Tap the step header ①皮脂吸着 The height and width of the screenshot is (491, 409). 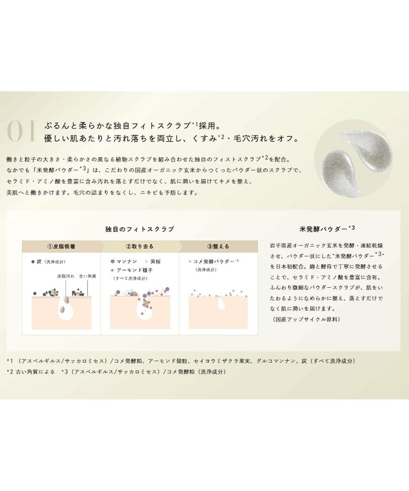click(61, 246)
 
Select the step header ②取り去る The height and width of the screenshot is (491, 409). click(140, 246)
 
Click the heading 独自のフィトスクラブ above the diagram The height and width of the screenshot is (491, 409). click(140, 229)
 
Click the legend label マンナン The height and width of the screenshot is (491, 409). click(127, 262)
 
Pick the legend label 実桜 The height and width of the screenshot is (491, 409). click(155, 262)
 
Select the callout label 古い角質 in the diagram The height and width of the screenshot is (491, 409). click(88, 277)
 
